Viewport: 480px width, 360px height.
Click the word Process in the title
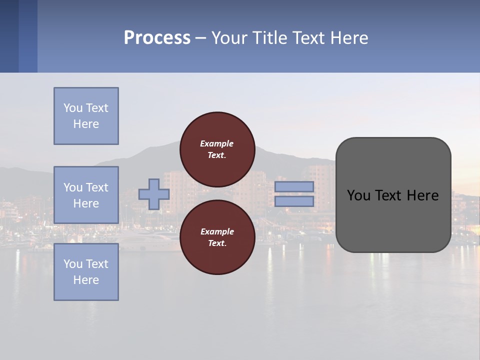click(x=157, y=38)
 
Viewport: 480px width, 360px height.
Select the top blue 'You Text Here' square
click(x=86, y=116)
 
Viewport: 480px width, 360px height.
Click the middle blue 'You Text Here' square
click(x=86, y=195)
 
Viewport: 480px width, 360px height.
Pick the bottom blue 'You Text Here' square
click(x=86, y=272)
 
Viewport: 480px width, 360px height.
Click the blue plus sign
click(x=154, y=194)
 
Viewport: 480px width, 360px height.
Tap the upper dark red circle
click(x=217, y=149)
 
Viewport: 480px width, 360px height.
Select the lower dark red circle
click(x=217, y=237)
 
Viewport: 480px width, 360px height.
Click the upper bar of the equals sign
click(x=294, y=186)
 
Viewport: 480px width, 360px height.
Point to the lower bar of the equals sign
click(x=294, y=201)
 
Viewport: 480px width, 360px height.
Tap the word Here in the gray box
click(x=422, y=195)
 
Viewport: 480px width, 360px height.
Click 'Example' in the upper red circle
click(x=217, y=143)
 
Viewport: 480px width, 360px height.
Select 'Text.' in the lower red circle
click(x=217, y=243)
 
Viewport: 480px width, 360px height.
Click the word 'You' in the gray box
click(x=359, y=195)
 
